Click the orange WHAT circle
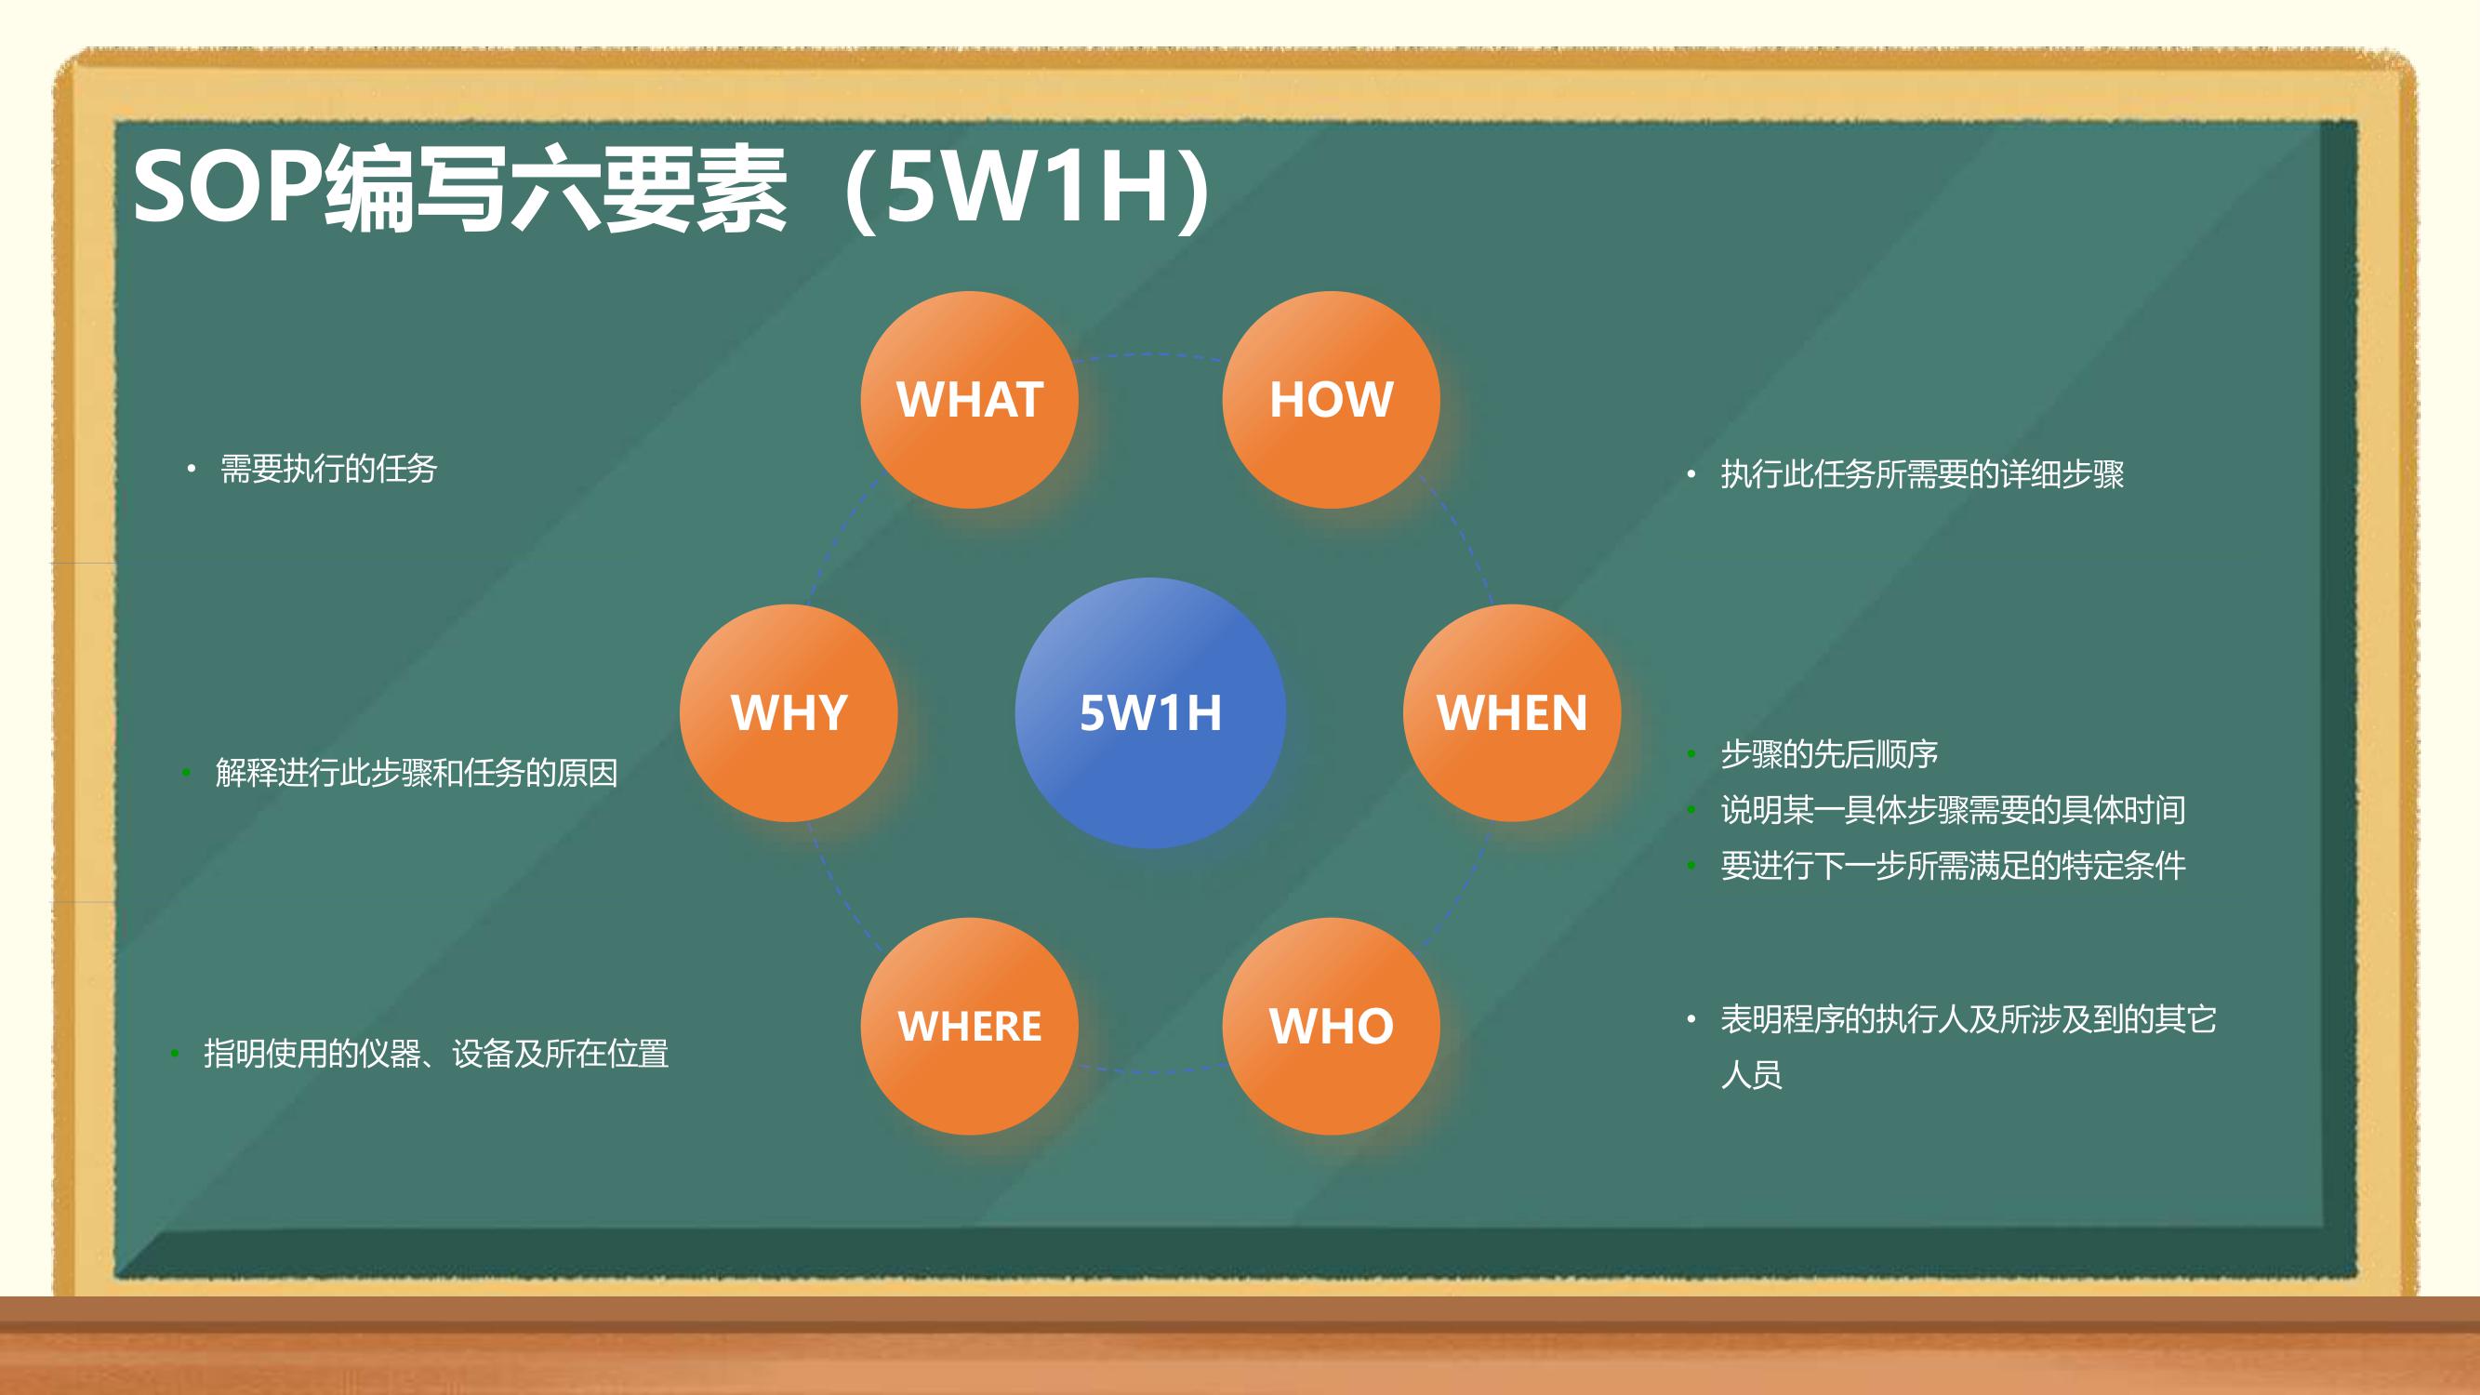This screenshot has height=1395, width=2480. coord(970,400)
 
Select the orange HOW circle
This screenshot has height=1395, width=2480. coord(1332,400)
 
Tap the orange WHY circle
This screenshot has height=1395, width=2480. coord(789,713)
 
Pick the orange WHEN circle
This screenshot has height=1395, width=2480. coord(1512,713)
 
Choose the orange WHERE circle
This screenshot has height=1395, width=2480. coord(970,1027)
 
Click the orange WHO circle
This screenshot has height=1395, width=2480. coord(1332,1027)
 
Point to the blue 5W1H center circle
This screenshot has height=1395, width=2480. coord(1150,713)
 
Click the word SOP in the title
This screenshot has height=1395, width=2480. coord(227,187)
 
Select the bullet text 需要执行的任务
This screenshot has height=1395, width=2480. coord(329,470)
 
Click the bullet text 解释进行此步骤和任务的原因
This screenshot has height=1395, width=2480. coord(417,773)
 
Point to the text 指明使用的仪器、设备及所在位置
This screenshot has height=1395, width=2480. coord(436,1055)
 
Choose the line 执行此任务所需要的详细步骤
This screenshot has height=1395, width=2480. coord(1923,474)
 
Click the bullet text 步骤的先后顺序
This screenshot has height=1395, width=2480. coord(1829,755)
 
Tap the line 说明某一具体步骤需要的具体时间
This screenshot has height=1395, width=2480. coord(1954,811)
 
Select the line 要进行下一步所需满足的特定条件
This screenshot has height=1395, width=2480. coord(1954,867)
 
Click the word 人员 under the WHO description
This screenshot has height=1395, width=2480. coord(1752,1075)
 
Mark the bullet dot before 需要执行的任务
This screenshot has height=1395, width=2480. coord(192,470)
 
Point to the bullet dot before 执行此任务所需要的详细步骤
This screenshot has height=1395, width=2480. coord(1691,473)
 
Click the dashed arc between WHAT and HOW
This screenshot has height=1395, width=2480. coord(1150,354)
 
